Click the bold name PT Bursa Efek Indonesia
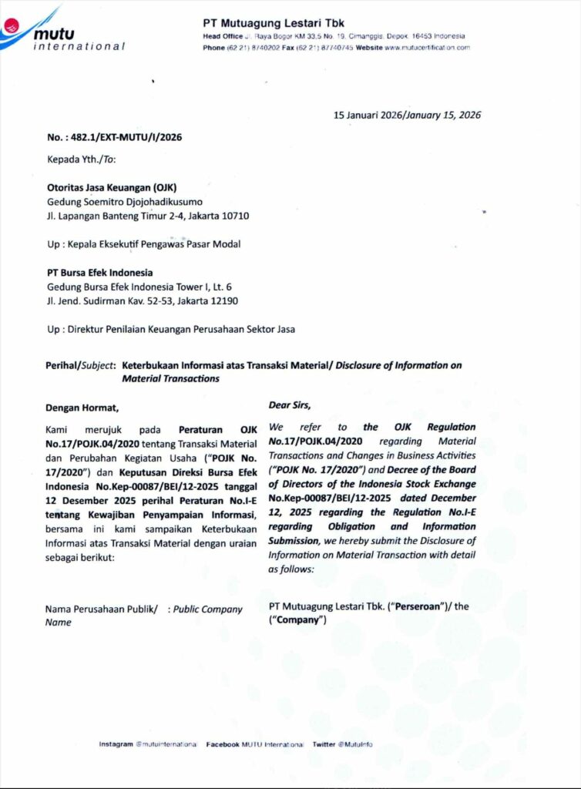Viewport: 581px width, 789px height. pyautogui.click(x=99, y=273)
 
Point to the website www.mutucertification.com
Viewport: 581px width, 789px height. pyautogui.click(x=427, y=48)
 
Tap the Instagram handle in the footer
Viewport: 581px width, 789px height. pyautogui.click(x=147, y=744)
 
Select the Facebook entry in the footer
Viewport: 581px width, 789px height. pyautogui.click(x=255, y=744)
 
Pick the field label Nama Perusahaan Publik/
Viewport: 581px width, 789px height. pyautogui.click(x=102, y=609)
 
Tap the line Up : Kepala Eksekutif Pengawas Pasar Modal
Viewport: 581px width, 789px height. pyautogui.click(x=143, y=244)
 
